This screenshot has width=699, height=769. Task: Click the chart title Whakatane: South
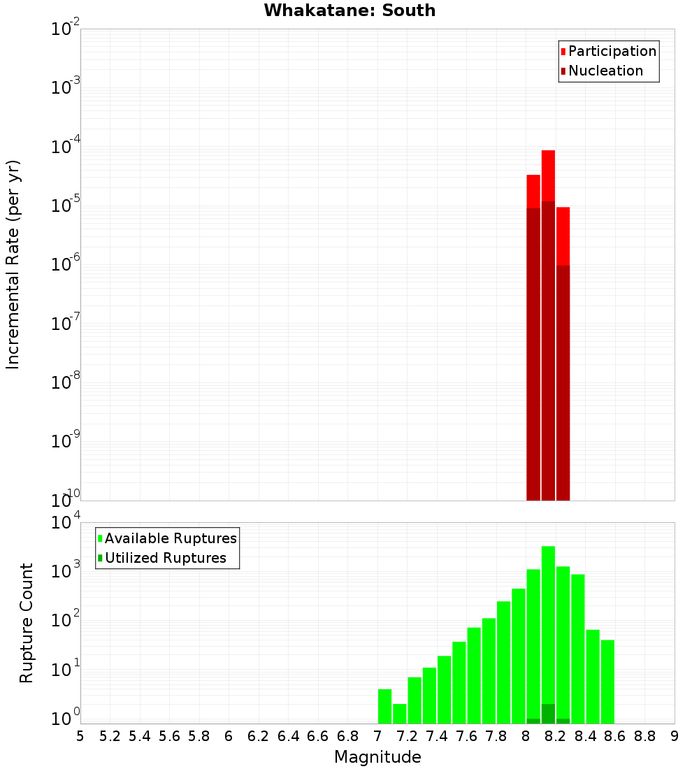(x=349, y=10)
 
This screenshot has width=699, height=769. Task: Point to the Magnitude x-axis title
(x=377, y=757)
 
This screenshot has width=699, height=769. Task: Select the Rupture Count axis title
(x=27, y=623)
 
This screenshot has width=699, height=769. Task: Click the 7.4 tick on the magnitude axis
(x=438, y=736)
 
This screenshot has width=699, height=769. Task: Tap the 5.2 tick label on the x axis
(x=110, y=736)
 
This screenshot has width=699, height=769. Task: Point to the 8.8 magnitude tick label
(x=645, y=736)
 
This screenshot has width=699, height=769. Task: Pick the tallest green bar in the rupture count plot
(x=548, y=629)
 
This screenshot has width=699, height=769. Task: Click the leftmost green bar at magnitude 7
(x=384, y=706)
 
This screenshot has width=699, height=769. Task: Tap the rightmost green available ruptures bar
(x=607, y=682)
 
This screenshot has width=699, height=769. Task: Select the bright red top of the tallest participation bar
(x=548, y=175)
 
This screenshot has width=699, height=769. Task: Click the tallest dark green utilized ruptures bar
(x=548, y=714)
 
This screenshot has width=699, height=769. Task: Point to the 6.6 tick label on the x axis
(x=318, y=736)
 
